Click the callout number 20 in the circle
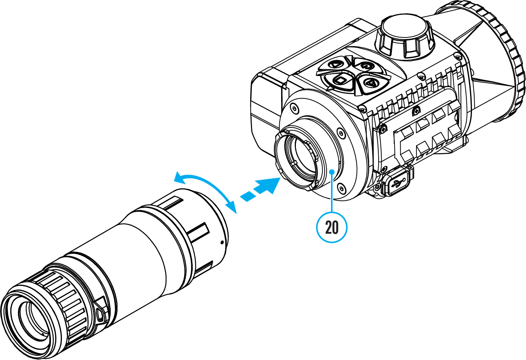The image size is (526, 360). click(331, 227)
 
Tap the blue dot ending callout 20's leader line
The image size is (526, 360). click(331, 172)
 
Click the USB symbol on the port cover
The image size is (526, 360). click(399, 183)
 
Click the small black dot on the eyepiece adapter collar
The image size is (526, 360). click(222, 242)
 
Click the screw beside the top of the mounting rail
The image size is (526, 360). click(417, 109)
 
